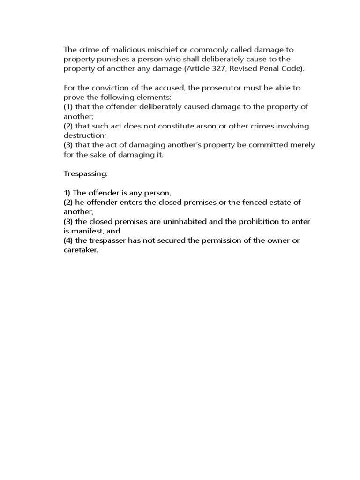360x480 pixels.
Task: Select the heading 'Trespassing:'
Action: click(x=86, y=174)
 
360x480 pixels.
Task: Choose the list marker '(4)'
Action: click(x=69, y=241)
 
